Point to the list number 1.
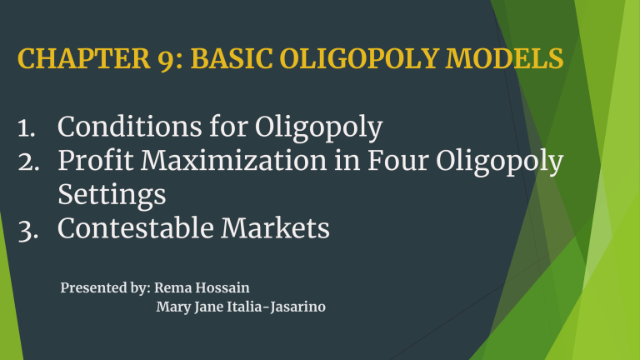pyautogui.click(x=24, y=129)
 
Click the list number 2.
pyautogui.click(x=25, y=163)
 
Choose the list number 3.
pyautogui.click(x=25, y=228)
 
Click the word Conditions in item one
pyautogui.click(x=131, y=128)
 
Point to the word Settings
pyautogui.click(x=112, y=197)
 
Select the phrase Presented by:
pyautogui.click(x=104, y=288)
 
